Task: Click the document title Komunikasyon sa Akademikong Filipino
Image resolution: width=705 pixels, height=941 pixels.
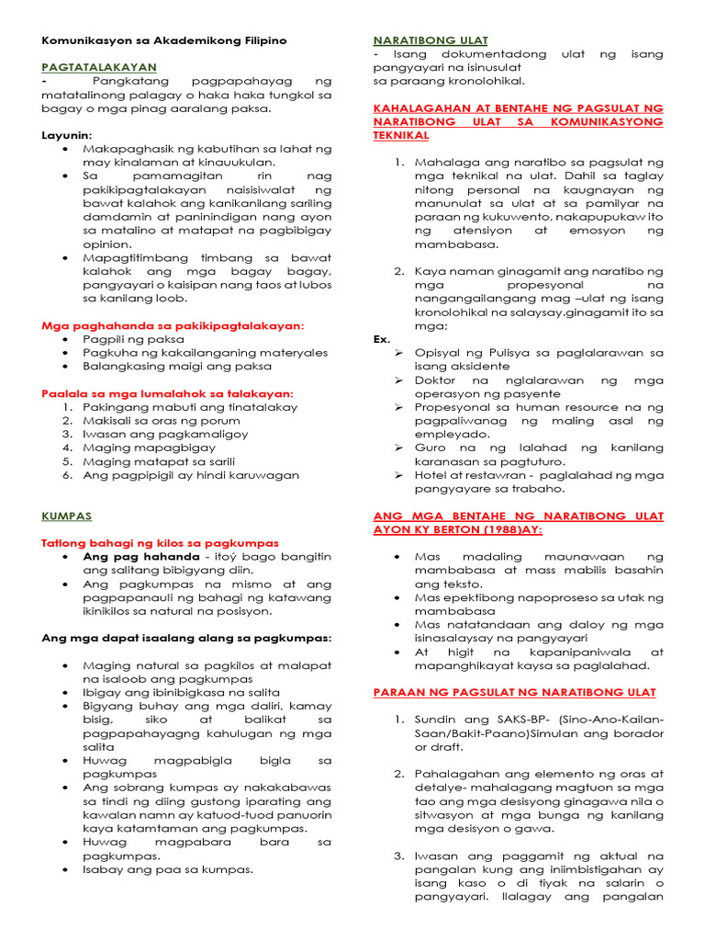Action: click(164, 40)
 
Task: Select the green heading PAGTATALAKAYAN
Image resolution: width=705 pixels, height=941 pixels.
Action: click(99, 67)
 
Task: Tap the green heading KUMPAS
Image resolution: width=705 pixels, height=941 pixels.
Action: click(66, 516)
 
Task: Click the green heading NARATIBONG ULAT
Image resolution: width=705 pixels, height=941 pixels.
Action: click(430, 40)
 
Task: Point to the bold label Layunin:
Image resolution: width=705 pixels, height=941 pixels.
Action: click(67, 134)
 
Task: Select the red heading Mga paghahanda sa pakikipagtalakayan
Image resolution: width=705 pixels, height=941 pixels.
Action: click(173, 325)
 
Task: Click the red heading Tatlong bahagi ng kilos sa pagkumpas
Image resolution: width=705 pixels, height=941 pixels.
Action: click(160, 543)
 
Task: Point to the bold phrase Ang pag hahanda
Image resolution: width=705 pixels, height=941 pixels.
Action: click(140, 557)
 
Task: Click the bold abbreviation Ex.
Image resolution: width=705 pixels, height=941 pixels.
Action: click(382, 339)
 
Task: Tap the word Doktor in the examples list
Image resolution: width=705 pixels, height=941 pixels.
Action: click(435, 380)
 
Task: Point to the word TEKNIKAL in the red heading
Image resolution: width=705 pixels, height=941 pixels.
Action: click(400, 135)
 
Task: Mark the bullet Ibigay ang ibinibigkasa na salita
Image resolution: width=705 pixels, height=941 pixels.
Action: click(181, 692)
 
